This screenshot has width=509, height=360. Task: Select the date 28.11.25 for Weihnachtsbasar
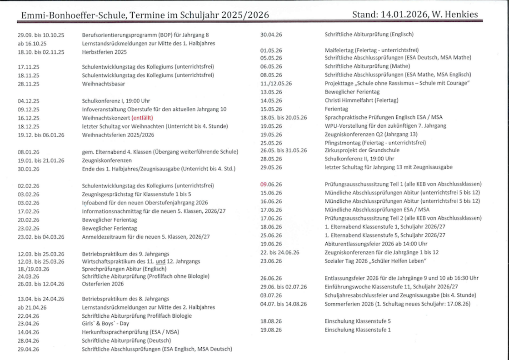tap(28, 84)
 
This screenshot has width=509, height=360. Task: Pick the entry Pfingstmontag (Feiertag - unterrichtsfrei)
tap(375, 142)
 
